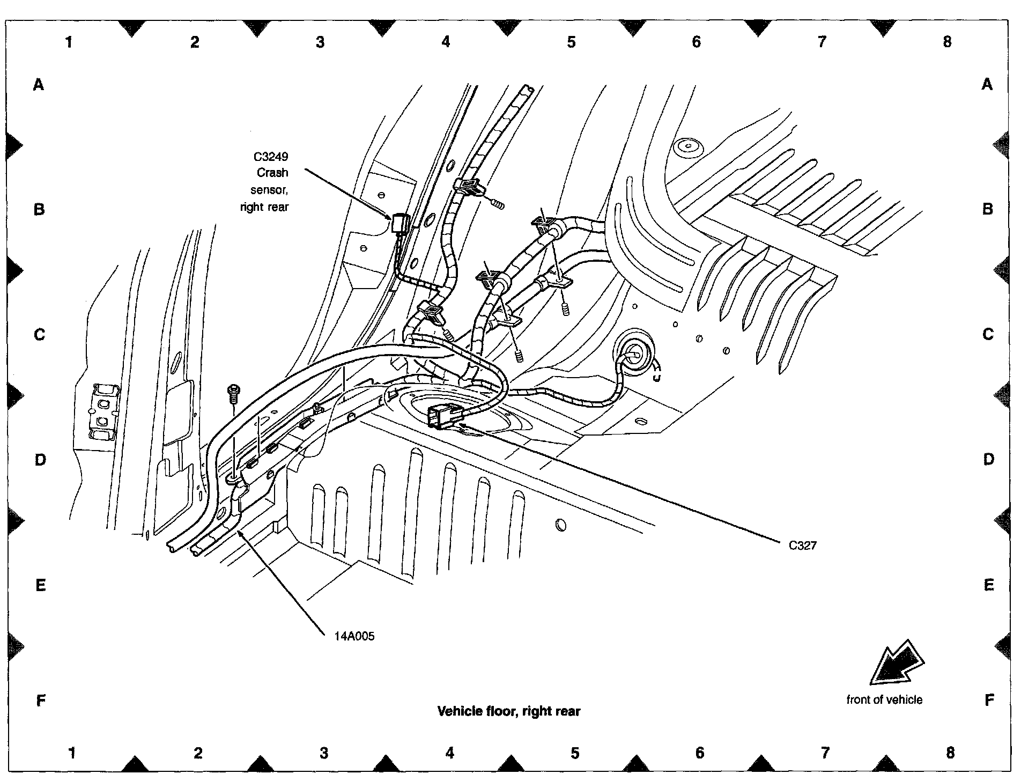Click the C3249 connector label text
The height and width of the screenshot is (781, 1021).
coord(271,157)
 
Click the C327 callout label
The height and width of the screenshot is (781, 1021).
coord(802,546)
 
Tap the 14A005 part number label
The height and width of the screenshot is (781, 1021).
coord(354,637)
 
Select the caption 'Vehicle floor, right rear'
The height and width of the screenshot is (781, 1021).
coord(509,711)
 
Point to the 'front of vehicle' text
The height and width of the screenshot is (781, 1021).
coord(884,699)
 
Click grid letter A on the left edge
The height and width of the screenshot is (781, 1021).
coord(39,84)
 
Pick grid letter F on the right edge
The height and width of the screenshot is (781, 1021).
coord(989,699)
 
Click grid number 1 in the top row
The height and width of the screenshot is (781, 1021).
coord(69,42)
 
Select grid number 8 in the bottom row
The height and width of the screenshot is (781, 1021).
coord(950,753)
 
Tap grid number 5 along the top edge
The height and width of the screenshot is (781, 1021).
coord(571,42)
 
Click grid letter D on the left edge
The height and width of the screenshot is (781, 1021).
coord(40,460)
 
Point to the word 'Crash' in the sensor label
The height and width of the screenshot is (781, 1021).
coord(272,173)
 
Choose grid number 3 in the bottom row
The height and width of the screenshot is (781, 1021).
coord(324,753)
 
